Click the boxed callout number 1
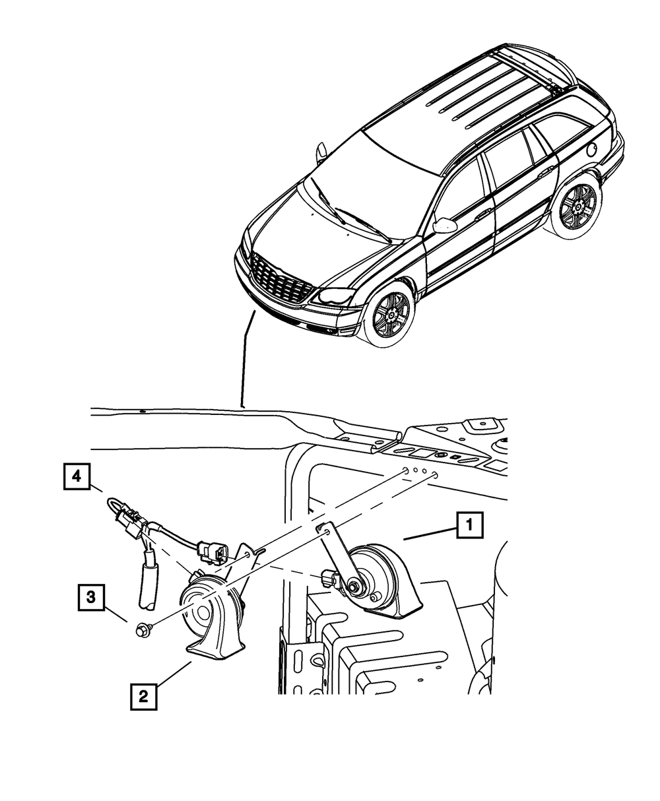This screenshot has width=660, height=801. [469, 527]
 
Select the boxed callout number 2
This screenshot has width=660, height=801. [144, 696]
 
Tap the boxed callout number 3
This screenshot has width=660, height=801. [92, 597]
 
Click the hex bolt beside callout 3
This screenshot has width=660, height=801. [143, 631]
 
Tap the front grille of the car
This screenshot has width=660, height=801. [280, 281]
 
